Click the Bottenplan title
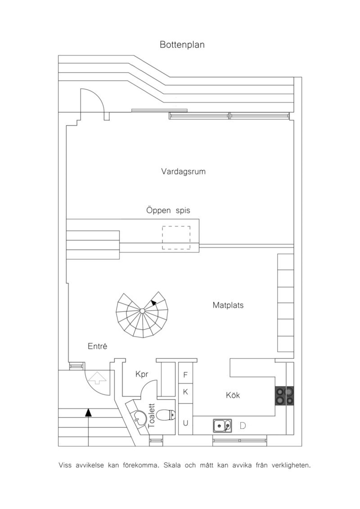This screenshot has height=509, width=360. coord(182,44)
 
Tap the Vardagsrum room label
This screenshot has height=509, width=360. coord(183,172)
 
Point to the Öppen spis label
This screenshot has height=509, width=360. coord(168,211)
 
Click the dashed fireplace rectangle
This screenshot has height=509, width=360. coord(176,238)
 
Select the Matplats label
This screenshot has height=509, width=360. coord(228,305)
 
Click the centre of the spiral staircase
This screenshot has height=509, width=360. coord(142,311)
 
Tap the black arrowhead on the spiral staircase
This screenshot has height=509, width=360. coord(154,302)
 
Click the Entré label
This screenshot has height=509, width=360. coord(97,346)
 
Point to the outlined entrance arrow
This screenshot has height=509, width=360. coord(97,378)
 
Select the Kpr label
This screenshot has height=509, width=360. coord(142,374)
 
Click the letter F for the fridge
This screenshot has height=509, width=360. coord(185,375)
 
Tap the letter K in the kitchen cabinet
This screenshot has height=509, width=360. coord(185,392)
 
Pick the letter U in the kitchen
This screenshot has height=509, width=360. coord(185,423)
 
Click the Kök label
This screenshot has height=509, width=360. coord(233,395)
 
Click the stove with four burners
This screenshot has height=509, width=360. coord(284,396)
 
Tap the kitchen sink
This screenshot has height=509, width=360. coord(223,426)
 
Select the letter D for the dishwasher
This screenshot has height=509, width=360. coord(243,426)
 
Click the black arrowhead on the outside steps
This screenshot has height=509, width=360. coord(88,412)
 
